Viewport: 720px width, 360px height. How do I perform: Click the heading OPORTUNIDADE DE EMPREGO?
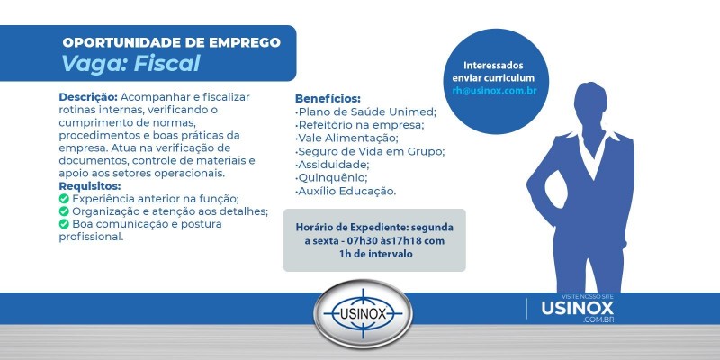coord(171,42)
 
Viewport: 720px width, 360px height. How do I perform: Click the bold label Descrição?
coord(87,96)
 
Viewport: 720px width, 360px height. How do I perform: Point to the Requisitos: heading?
coord(90,185)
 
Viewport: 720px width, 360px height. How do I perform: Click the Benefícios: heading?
coord(328,98)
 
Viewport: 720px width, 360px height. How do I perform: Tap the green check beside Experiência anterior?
coord(64,199)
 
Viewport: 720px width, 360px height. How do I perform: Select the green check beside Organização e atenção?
coord(64,211)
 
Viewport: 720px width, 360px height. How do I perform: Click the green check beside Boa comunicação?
coord(64,224)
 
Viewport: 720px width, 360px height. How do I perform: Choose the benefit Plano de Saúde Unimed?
coord(366,112)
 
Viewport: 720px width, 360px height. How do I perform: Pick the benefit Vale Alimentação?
coord(346,138)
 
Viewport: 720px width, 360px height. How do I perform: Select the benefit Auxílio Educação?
coord(346,191)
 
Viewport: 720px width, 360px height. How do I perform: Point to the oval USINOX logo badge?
coord(362,316)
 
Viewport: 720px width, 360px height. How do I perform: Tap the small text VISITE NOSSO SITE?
coord(582,294)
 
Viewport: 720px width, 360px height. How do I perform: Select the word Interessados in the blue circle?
coord(493,66)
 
